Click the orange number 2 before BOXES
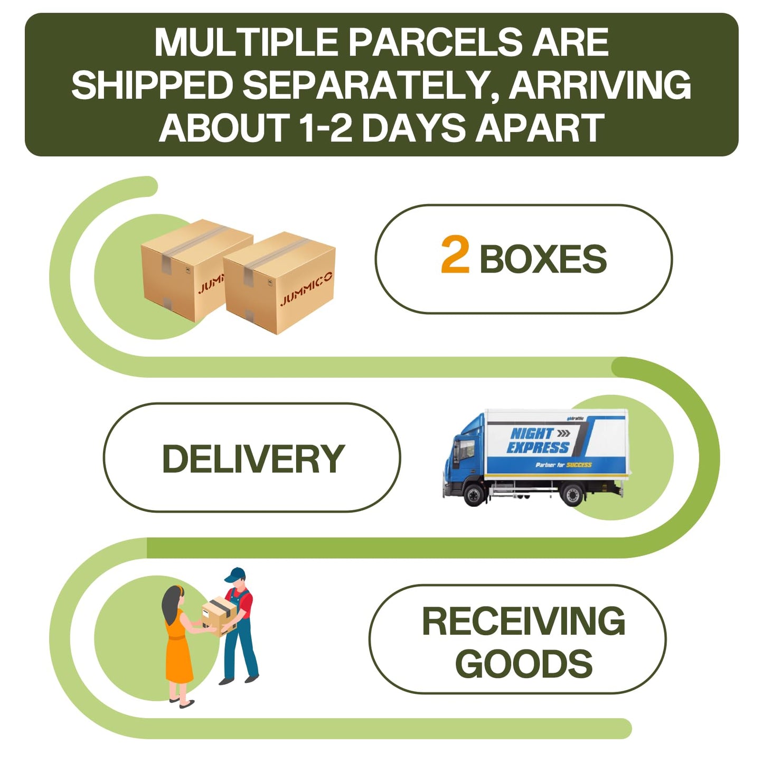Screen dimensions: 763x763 point(455,256)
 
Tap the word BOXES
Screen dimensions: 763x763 point(543,259)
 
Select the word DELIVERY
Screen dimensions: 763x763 point(253,458)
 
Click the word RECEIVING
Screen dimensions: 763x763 point(523,621)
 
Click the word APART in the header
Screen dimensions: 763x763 point(540,128)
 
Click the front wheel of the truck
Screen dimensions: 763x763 point(474,495)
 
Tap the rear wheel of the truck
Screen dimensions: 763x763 point(572,495)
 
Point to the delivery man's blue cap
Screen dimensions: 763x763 point(235,574)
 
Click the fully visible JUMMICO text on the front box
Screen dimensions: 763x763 point(306,289)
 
